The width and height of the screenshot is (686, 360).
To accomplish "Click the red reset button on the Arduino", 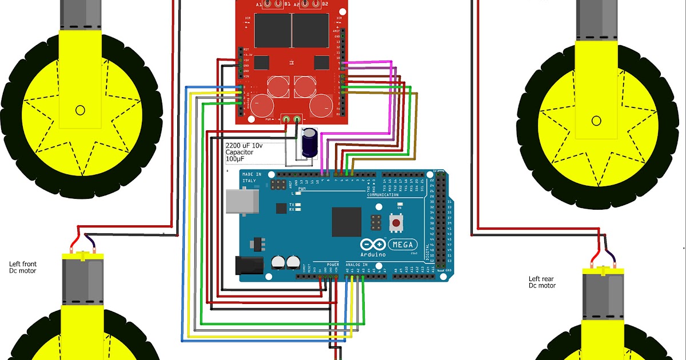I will pos(395,222).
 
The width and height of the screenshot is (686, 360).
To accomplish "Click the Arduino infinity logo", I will pos(372,244).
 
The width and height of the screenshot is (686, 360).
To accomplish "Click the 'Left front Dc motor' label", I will pos(23,267).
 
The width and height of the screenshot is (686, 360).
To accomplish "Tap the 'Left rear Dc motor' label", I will pos(542,282).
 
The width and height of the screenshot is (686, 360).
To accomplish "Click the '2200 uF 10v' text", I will pos(245,146).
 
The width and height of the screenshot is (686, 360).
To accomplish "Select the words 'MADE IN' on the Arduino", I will pos(252,174).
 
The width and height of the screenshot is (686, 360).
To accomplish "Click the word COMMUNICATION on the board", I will pos(382,195).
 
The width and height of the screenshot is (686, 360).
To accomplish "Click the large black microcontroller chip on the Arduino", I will pos(346,222).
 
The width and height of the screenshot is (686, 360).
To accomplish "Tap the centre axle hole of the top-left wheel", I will pos(80,110).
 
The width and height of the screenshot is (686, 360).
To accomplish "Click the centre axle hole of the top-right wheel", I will pos(596,120).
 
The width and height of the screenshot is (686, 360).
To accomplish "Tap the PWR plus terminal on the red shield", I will pos(286,119).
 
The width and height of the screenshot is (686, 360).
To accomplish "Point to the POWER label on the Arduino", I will pos(333,265).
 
